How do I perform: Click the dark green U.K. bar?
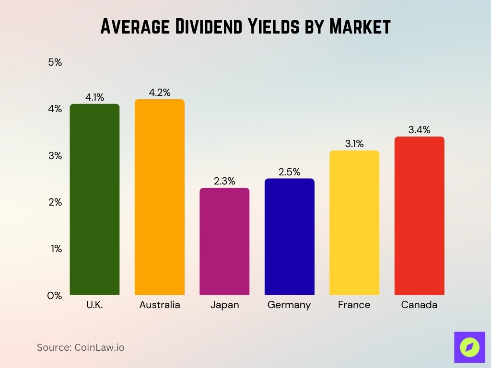(94, 199)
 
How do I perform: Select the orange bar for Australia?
(160, 197)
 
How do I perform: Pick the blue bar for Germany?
(290, 237)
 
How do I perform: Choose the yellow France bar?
(354, 223)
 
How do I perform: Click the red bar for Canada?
(419, 216)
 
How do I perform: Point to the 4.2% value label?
(160, 92)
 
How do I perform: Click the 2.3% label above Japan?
(224, 181)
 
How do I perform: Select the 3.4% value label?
(419, 130)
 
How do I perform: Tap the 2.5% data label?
(290, 172)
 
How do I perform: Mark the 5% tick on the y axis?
(55, 62)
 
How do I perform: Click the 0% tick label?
(55, 296)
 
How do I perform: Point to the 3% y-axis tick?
(55, 156)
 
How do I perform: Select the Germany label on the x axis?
(289, 305)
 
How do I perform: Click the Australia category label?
(160, 305)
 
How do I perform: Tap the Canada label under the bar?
(419, 305)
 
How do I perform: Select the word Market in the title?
(360, 27)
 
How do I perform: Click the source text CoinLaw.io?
(99, 347)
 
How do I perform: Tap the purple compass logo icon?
(469, 347)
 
